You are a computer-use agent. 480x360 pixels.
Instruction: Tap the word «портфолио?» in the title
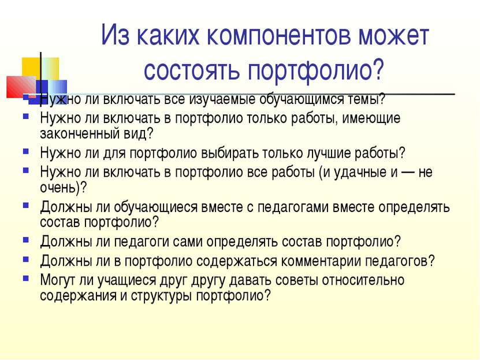pos(315,70)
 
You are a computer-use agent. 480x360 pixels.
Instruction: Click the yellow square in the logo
pos(31,68)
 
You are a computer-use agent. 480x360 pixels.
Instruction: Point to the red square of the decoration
pos(21,87)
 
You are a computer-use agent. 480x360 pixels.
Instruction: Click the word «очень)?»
pos(64,187)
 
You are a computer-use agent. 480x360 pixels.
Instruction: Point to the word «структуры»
pos(161,296)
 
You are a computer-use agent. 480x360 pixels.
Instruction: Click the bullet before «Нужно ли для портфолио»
pos(26,151)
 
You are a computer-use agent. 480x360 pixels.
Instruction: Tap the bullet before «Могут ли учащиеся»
pos(26,279)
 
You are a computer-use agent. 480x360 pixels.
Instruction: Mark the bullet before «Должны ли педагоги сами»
pos(26,240)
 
